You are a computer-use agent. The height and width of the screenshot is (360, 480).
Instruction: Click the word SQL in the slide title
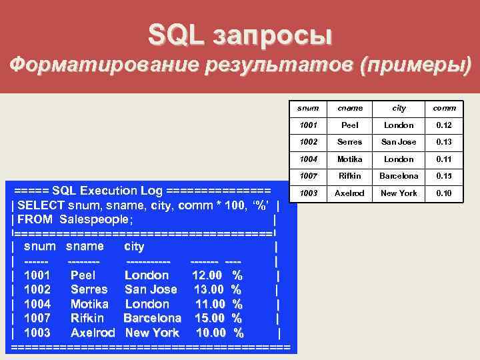coord(176,35)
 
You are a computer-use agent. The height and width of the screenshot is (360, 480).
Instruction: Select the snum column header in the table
coord(308,108)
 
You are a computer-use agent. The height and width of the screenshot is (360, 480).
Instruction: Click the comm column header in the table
coord(444,108)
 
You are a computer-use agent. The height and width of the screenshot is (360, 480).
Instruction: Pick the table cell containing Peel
coord(350,125)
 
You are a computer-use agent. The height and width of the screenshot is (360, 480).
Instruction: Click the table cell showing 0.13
coord(444,142)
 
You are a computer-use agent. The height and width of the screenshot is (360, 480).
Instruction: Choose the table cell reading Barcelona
coord(399,176)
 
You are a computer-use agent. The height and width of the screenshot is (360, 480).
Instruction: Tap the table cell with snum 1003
coord(308,193)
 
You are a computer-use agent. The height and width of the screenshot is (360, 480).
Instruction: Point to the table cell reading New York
coord(399,193)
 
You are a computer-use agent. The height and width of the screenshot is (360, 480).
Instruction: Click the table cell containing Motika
coord(350,159)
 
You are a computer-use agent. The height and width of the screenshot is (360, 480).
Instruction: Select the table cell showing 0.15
coord(444,176)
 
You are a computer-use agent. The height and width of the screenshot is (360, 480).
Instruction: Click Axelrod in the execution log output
coord(93,332)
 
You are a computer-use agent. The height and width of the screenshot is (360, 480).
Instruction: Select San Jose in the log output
coord(151,289)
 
